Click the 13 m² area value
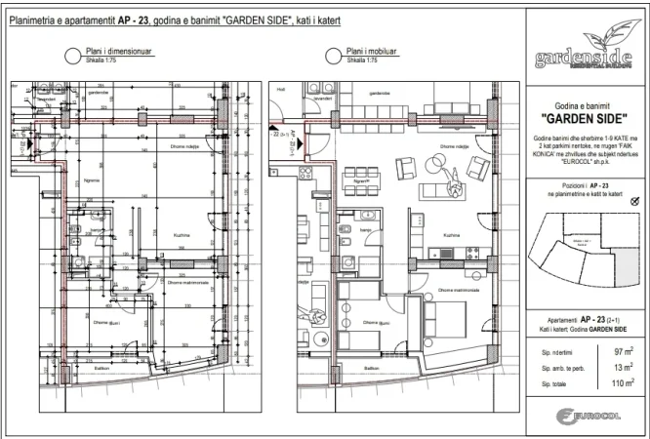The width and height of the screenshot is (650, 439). (x=622, y=367)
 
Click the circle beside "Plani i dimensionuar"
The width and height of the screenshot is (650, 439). (x=70, y=57)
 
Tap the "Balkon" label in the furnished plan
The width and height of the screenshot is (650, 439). (x=371, y=368)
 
